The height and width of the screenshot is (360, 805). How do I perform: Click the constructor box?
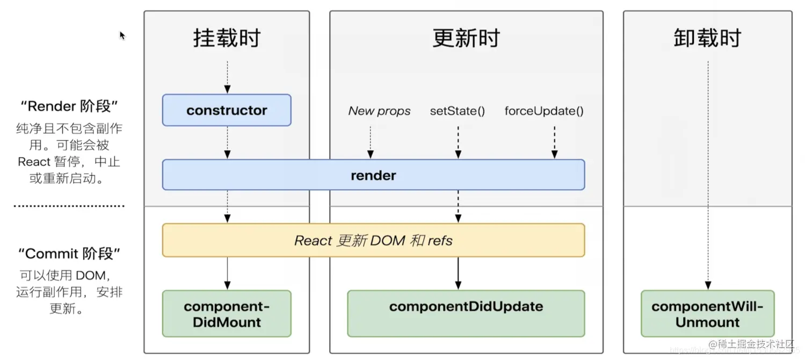pos(227,110)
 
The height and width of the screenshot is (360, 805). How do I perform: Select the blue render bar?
pos(373,175)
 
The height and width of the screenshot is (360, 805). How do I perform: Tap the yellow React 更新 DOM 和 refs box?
pos(373,240)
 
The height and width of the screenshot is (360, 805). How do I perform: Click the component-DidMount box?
pos(227,314)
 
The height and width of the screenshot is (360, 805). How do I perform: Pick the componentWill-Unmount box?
pos(707,314)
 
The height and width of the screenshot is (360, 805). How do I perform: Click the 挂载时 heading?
pos(227,39)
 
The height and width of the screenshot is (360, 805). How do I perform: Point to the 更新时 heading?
pos(466,39)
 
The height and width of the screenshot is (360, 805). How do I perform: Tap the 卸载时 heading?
pos(707,39)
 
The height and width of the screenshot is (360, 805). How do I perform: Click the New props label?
pos(379,111)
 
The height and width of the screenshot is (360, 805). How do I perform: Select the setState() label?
pos(458,111)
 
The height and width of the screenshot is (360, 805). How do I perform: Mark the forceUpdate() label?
pos(544,111)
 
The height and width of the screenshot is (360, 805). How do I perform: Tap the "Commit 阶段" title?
pos(69,254)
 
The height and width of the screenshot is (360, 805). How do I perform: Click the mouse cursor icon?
pos(122,35)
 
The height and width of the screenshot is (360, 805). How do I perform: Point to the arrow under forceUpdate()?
pos(554,142)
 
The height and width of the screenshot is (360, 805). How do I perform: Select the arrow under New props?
pos(371,142)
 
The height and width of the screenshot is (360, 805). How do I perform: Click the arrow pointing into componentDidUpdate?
pos(458,274)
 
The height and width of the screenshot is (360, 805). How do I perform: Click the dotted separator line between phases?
pos(69,206)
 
